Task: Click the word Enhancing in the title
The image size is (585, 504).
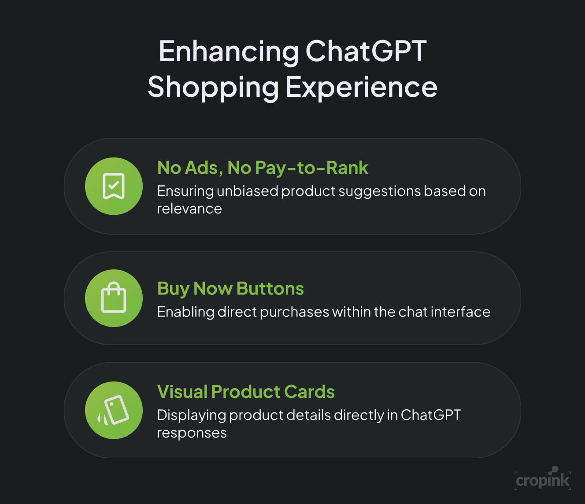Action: tap(229, 52)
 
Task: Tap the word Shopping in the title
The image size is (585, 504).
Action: tap(213, 88)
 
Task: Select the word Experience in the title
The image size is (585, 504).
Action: tap(361, 88)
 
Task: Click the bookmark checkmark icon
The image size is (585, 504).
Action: tap(114, 186)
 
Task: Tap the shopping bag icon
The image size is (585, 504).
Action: tap(114, 297)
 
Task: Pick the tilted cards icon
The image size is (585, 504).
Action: tap(113, 410)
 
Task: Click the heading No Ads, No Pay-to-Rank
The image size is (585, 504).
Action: tap(263, 168)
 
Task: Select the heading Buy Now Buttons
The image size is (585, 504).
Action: tap(231, 289)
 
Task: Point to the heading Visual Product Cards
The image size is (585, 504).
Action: tap(246, 392)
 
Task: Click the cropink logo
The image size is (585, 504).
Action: tap(543, 479)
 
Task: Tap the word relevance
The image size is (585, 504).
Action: tap(189, 209)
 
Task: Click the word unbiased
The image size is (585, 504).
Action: tap(248, 191)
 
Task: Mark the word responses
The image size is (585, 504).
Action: tap(192, 433)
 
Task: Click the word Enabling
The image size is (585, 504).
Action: tap(185, 312)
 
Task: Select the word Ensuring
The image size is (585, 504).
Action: tap(185, 191)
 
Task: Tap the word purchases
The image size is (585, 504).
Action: tap(295, 313)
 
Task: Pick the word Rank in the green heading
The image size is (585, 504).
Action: tap(347, 168)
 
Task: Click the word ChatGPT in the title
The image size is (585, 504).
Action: tap(366, 52)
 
